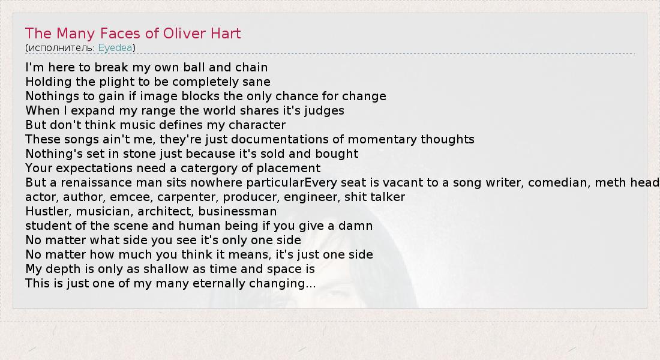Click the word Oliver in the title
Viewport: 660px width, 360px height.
(181, 33)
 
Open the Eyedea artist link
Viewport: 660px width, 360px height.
(115, 48)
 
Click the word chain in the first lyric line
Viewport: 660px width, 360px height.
(252, 67)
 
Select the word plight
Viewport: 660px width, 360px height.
(113, 82)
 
